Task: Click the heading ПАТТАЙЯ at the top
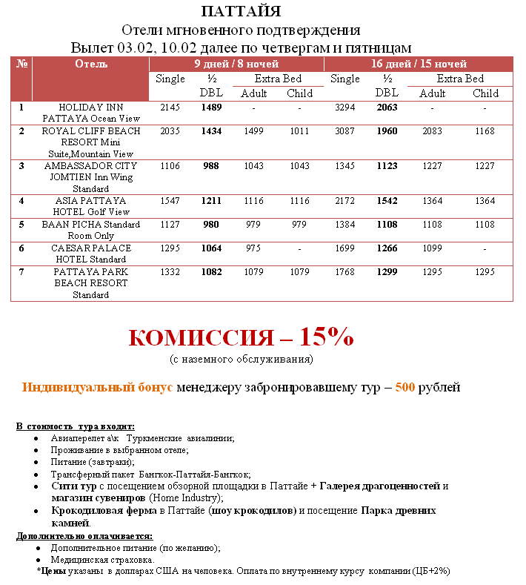(241, 12)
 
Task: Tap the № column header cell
(21, 64)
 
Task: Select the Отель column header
(91, 64)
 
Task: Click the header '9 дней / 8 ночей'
(236, 64)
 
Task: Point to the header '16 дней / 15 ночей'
(419, 64)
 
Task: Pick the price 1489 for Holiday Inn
(211, 108)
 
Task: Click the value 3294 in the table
(344, 108)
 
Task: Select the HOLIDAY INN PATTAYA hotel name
(91, 113)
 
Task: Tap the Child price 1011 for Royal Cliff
(299, 131)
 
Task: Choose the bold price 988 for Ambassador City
(211, 166)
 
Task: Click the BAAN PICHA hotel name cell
(91, 230)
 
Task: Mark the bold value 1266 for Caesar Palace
(386, 248)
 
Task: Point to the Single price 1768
(344, 272)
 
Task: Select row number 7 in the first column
(21, 272)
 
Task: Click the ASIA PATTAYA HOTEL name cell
(91, 206)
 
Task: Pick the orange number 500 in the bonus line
(405, 387)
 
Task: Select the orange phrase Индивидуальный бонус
(98, 387)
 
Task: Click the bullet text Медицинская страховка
(102, 560)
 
